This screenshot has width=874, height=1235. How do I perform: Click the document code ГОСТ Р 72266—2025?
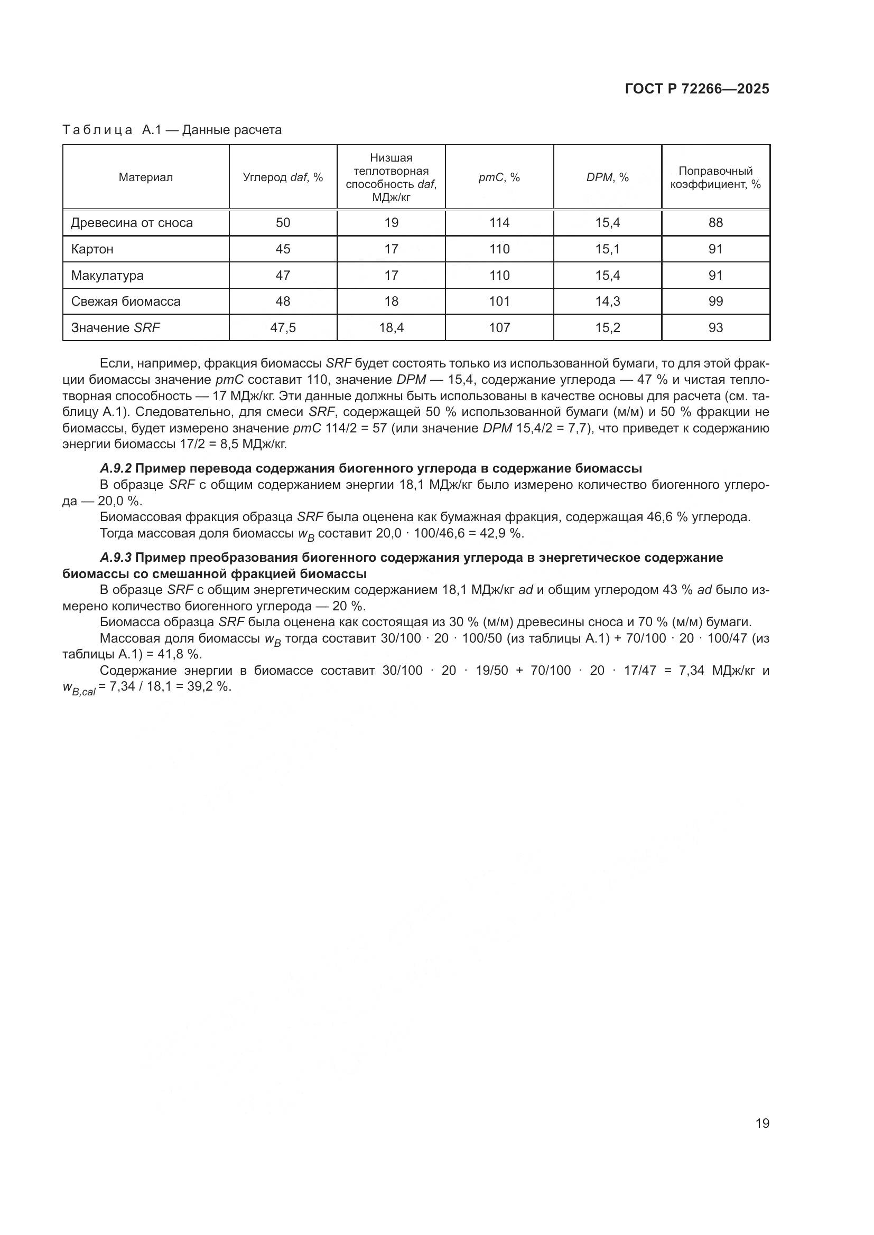697,89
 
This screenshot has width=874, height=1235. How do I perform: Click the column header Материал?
146,177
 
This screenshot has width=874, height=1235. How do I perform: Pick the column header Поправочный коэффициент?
715,177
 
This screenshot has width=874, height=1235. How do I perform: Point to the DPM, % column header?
607,177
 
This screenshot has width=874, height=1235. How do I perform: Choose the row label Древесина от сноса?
132,223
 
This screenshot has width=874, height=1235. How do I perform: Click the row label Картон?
92,249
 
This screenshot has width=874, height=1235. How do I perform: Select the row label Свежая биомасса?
126,301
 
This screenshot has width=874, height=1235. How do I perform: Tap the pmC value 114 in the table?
499,223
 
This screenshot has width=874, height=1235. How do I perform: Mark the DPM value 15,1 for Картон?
607,249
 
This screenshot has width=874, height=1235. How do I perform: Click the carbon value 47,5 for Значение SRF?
283,327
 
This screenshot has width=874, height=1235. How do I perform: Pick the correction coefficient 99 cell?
715,301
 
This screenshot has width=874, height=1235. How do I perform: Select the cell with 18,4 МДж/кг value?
391,327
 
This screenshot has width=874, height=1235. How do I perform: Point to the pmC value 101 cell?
499,301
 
